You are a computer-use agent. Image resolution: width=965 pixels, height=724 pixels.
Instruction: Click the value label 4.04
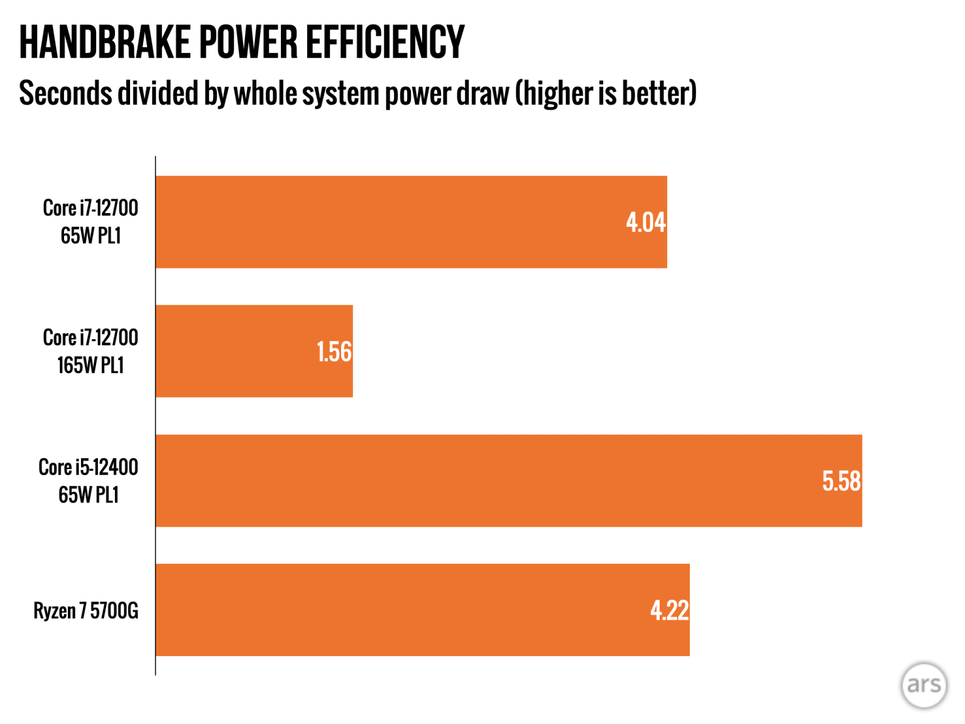coord(645,222)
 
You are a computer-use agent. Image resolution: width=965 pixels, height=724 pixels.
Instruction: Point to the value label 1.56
coord(334,352)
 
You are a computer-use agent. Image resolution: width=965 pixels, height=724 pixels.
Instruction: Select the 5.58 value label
coord(841,481)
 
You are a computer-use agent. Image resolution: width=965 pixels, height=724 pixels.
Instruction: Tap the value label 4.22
coord(669,610)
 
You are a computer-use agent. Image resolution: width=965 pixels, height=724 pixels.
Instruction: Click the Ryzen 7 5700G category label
coord(86,610)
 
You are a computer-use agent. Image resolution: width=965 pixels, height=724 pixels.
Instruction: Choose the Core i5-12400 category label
coord(89,467)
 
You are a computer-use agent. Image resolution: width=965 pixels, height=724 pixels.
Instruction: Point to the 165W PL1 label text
coord(90,365)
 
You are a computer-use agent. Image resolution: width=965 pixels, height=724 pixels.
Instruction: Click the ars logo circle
coord(924,685)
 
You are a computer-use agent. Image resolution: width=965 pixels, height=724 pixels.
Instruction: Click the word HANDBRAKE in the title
coord(104,43)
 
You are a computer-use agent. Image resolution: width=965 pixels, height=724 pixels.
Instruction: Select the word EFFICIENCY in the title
coord(385,43)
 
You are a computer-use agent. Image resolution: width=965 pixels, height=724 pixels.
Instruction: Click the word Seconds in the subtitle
coord(65,94)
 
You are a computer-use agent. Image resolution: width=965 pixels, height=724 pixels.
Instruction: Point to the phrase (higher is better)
coord(606,94)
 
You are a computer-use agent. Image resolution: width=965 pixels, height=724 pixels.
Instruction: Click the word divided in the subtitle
coord(158,94)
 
